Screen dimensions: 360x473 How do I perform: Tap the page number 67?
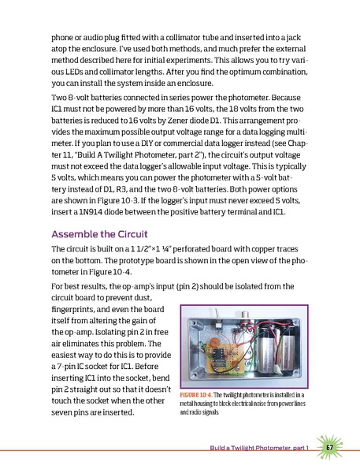pos(331,448)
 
